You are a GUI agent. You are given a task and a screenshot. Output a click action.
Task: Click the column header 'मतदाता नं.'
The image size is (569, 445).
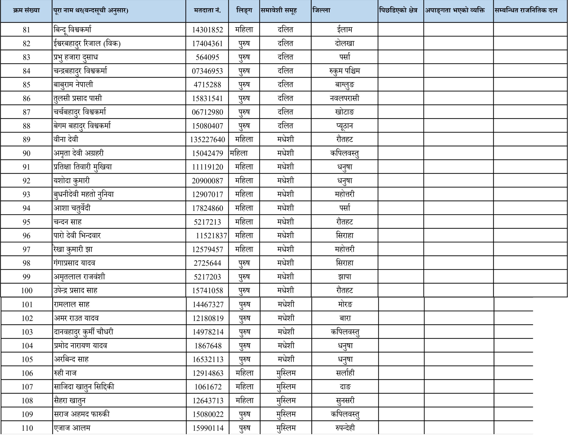tap(207, 10)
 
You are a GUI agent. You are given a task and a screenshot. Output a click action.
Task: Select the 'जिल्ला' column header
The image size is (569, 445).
tap(321, 10)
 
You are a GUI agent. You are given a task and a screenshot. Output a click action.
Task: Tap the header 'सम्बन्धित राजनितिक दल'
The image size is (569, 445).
tap(526, 10)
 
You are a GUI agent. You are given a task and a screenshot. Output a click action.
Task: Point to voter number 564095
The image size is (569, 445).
tap(207, 57)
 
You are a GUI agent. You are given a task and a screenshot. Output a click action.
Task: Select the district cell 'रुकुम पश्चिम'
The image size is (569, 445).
tap(345, 71)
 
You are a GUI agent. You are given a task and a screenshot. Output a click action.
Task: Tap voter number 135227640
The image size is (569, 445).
tap(207, 140)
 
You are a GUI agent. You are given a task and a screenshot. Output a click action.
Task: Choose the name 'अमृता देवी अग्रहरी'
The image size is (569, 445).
tap(79, 153)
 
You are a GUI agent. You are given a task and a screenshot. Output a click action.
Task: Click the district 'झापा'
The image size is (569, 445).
tap(345, 277)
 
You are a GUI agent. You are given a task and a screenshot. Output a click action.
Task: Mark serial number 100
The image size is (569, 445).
tap(27, 291)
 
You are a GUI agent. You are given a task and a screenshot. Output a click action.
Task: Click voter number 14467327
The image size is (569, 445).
tap(208, 304)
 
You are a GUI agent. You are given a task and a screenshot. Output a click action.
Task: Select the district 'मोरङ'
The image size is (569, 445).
tap(345, 304)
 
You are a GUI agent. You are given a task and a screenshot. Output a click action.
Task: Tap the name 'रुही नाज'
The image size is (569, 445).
tap(65, 373)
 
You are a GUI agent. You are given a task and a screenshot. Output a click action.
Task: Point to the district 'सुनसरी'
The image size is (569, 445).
tap(345, 400)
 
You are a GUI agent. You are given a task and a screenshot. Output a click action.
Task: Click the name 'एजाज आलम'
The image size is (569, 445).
tap(72, 428)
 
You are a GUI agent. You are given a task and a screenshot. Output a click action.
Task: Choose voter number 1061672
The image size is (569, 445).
tap(208, 387)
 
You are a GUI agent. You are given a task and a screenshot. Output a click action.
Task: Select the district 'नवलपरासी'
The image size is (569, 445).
tap(345, 98)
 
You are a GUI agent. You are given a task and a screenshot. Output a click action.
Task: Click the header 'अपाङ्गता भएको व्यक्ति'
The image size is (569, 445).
tap(455, 10)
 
